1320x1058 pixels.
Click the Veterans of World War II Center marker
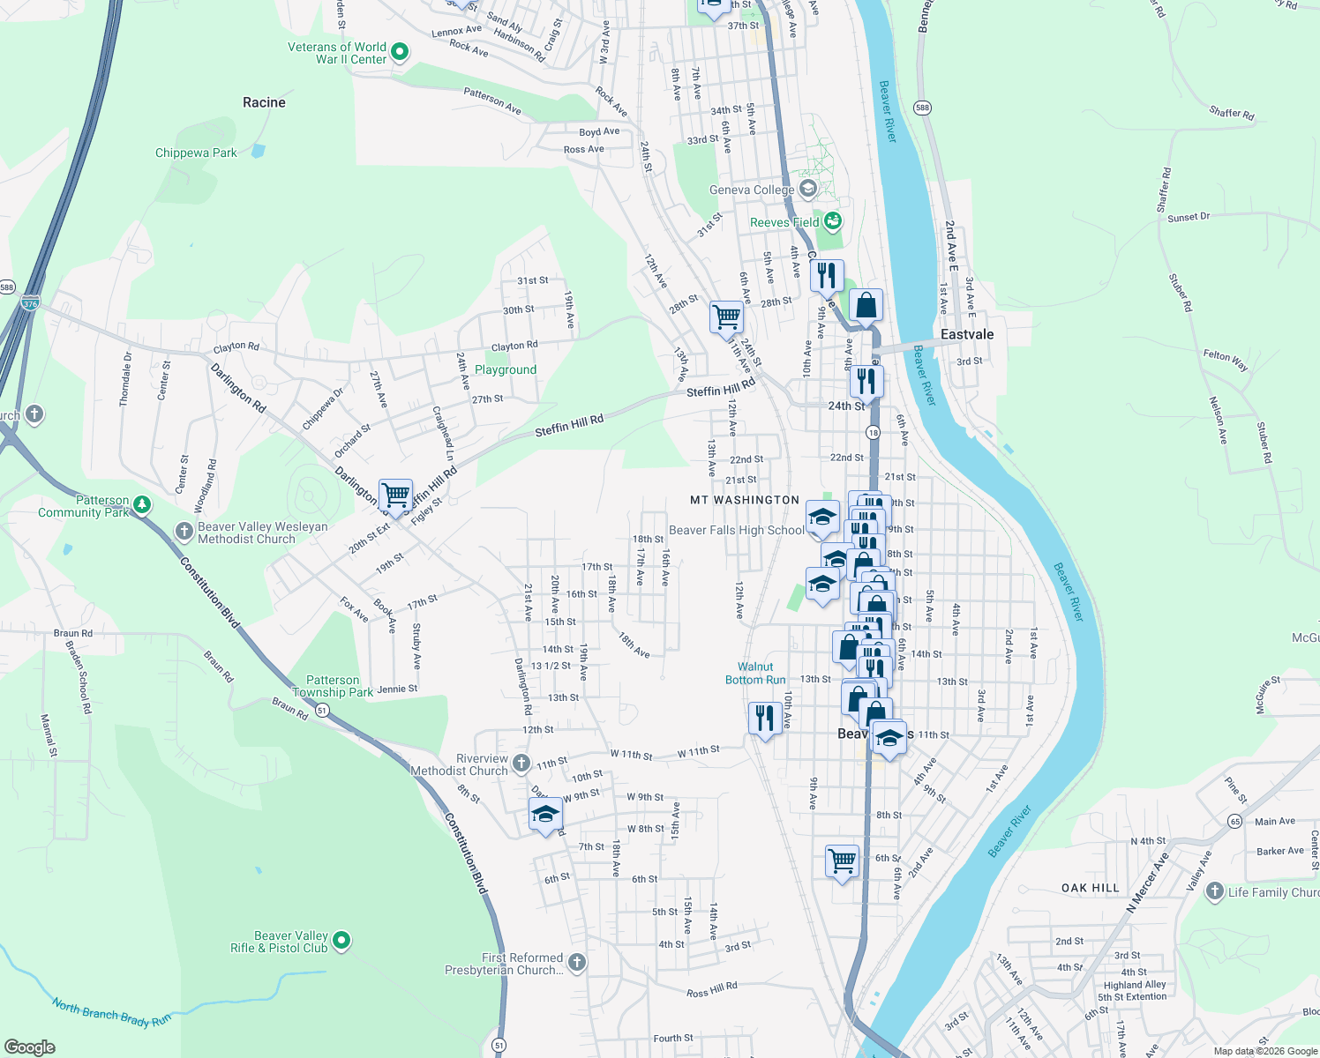tap(399, 52)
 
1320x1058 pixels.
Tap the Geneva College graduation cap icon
tap(807, 190)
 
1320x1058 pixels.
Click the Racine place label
tap(264, 102)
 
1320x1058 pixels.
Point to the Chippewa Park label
tap(196, 153)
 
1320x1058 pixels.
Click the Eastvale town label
tap(967, 334)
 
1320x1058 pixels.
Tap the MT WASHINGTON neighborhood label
tap(745, 500)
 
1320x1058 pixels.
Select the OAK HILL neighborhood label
tap(1091, 888)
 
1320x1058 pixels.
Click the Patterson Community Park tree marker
tap(141, 505)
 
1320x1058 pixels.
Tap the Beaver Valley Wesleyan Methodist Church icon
tap(184, 531)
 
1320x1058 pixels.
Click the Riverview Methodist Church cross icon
tap(521, 763)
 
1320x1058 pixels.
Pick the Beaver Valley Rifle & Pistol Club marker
tap(341, 941)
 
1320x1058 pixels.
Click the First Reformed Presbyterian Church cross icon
tap(577, 962)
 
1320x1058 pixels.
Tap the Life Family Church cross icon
tap(1214, 891)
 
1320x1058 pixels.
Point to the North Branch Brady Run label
tap(111, 1012)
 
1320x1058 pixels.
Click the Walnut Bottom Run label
tap(755, 674)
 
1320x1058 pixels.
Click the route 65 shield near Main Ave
tap(1234, 821)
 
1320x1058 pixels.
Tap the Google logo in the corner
tap(30, 1047)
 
